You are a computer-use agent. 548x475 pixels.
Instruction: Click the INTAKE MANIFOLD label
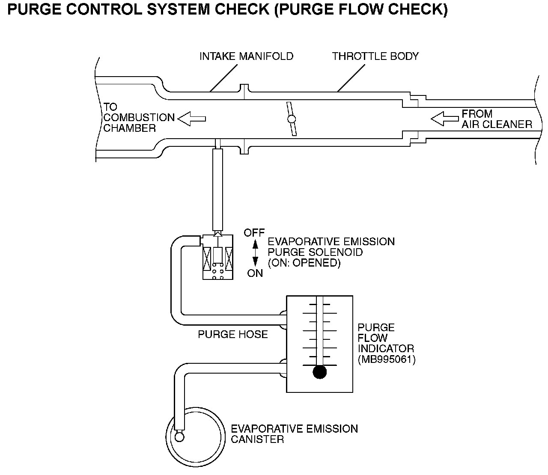coord(246,56)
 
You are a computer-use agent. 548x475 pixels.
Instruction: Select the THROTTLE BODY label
coord(375,56)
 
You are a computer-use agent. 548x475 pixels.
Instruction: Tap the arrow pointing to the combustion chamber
coord(191,119)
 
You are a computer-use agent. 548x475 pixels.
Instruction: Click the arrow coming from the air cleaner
coord(444,119)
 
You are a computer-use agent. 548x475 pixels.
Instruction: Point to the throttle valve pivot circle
coord(292,119)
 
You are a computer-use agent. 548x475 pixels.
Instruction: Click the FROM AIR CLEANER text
coord(497,119)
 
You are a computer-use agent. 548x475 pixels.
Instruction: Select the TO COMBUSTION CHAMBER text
coord(139,117)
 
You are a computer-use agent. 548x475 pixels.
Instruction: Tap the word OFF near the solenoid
coord(254,233)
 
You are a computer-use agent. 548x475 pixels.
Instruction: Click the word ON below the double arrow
coord(255,273)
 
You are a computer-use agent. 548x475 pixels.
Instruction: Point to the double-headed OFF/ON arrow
coord(255,253)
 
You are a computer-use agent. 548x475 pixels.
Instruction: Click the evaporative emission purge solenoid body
coord(218,258)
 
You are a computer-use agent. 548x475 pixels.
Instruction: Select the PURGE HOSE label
coord(232,334)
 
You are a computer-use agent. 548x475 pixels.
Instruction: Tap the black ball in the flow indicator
coord(319,372)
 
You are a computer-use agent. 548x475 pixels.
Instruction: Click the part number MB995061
coord(387,359)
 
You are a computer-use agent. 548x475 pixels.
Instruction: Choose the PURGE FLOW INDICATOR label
coord(385,338)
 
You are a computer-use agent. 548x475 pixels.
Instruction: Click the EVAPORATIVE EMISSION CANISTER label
coord(294,434)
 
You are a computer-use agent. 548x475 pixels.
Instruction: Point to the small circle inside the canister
coord(179,436)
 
